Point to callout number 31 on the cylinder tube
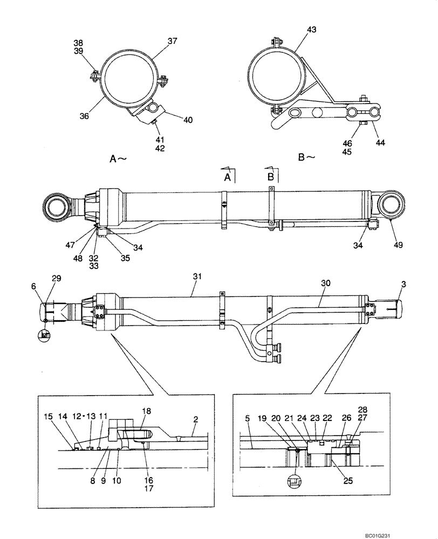[x=197, y=276]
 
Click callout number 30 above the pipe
[x=325, y=282]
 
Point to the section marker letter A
[x=228, y=177]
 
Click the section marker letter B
[x=271, y=176]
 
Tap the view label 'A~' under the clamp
[x=118, y=158]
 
